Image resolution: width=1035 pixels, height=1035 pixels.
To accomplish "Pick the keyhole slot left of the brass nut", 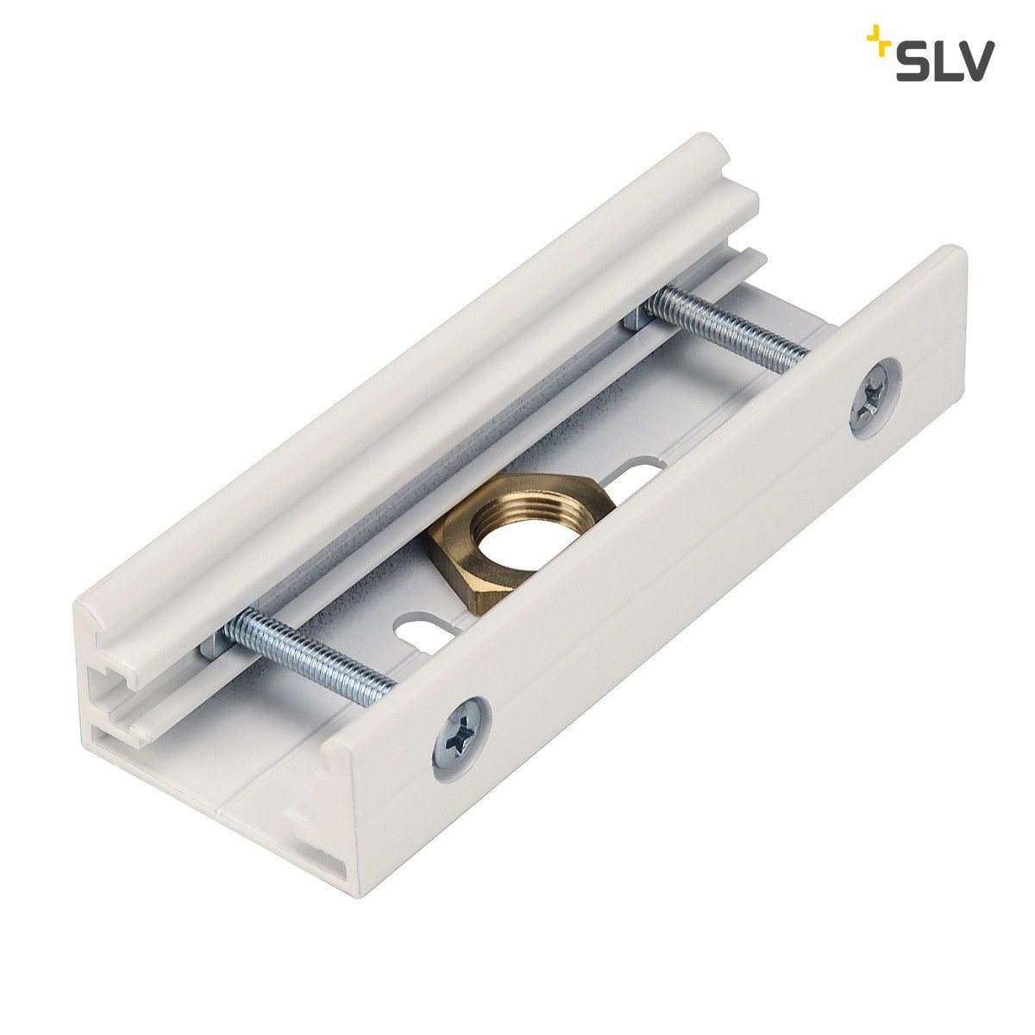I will pyautogui.click(x=416, y=626).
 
